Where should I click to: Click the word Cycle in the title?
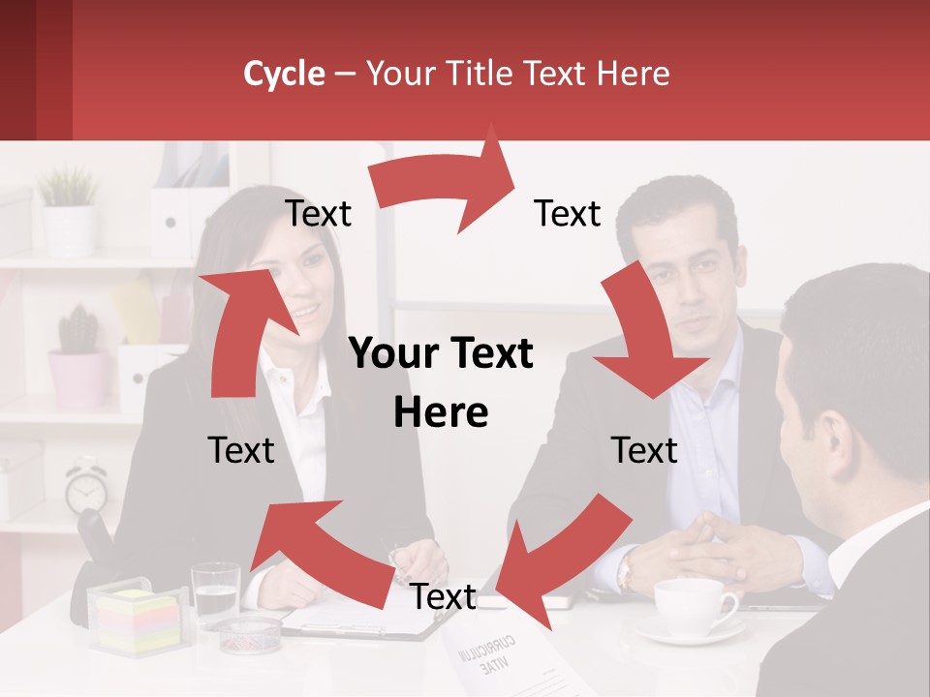pos(284,74)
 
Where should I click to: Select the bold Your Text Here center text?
pos(442,382)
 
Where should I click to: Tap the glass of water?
pos(215,592)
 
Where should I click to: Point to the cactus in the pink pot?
pos(77,334)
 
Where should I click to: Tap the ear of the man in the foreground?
pos(831,440)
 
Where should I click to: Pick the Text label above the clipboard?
pos(443,597)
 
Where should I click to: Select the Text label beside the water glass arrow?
pos(241,450)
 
